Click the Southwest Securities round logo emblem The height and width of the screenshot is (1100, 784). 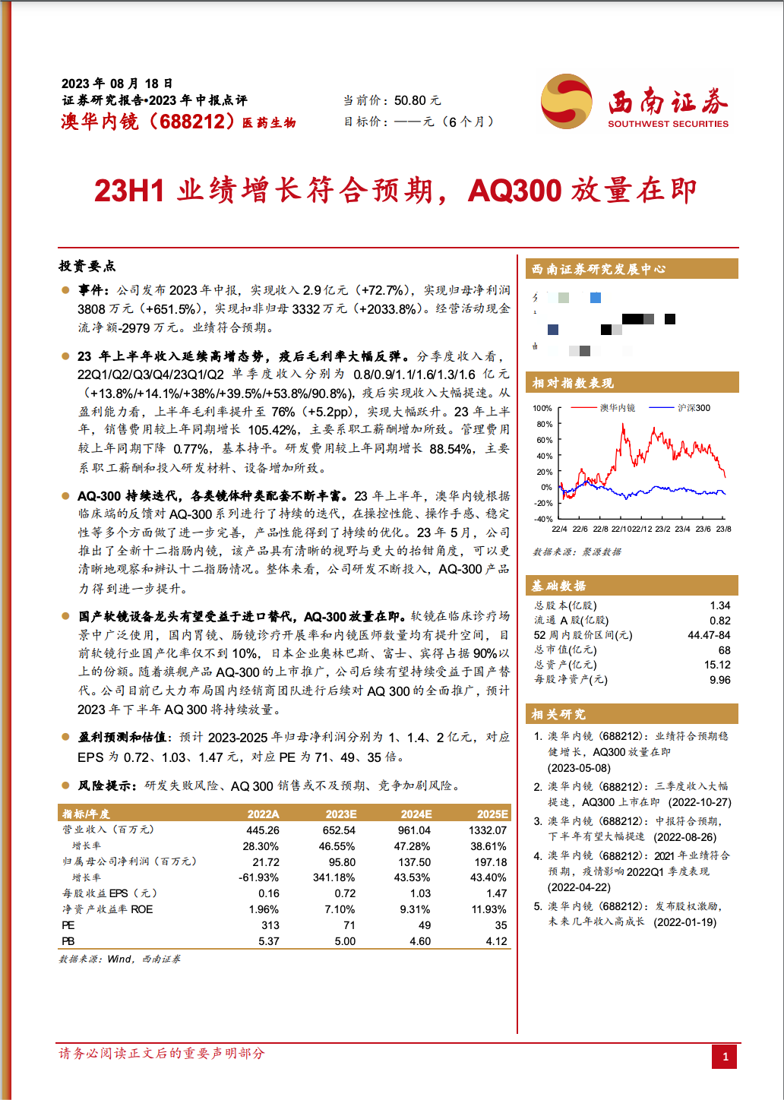click(x=567, y=102)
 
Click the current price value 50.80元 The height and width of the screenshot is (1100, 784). click(x=417, y=100)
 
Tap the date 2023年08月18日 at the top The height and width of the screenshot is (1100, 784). click(x=117, y=84)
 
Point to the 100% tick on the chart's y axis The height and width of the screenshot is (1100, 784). click(x=542, y=409)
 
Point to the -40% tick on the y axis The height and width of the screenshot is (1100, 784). click(x=542, y=519)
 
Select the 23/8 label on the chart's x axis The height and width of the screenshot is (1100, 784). click(x=723, y=529)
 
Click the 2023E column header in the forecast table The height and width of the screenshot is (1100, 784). click(x=341, y=814)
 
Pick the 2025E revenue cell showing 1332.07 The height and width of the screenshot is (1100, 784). click(x=488, y=830)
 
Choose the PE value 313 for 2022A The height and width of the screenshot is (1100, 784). click(x=270, y=925)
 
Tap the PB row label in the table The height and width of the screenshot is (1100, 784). click(x=68, y=941)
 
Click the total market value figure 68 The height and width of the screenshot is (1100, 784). click(x=724, y=650)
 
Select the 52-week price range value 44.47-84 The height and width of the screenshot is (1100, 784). click(x=709, y=635)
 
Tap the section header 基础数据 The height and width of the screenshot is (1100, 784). click(x=558, y=586)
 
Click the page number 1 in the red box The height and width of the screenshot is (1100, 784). click(x=725, y=1057)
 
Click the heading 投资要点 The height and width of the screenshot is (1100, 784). click(x=87, y=266)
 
